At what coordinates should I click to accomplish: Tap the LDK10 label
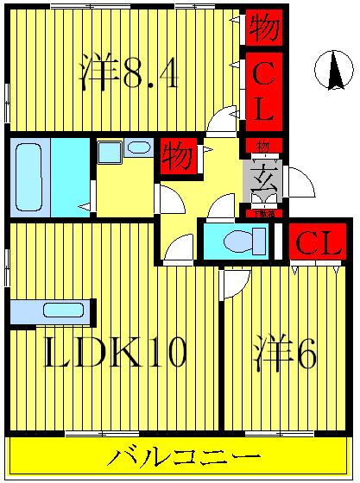point(115,353)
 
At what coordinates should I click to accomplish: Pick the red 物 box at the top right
point(262,28)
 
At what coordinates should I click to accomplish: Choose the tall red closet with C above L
point(262,90)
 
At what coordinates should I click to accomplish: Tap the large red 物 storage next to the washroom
point(178,156)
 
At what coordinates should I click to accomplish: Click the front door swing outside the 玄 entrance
point(299,183)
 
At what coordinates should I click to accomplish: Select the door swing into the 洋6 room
point(234,281)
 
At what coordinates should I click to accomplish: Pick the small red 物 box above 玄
point(262,145)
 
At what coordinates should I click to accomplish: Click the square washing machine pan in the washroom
point(110,153)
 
